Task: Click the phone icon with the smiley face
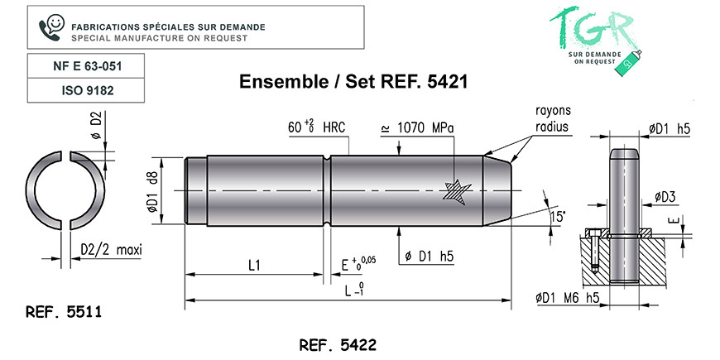coord(51,27)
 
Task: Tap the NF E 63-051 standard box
coord(86,66)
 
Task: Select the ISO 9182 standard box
coord(86,90)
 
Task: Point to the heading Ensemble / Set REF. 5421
coord(353,82)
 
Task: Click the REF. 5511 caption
coord(64,312)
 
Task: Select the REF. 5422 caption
coord(338,345)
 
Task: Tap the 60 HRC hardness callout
coord(316,127)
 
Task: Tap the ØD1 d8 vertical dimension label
coord(153,190)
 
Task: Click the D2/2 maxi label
coord(111,250)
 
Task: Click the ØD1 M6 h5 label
coord(567,298)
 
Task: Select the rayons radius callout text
coord(553,118)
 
